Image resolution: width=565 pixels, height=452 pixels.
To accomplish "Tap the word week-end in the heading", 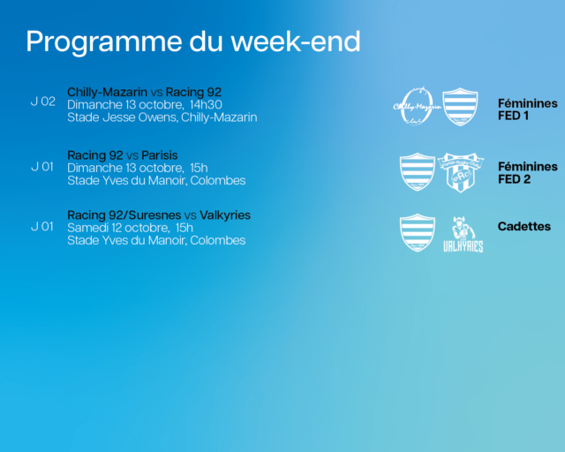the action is tap(296, 41).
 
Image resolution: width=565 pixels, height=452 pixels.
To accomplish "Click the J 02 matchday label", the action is tap(43, 102).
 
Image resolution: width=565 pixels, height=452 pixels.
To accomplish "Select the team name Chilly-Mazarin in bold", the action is tap(108, 93).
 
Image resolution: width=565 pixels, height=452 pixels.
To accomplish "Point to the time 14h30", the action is tap(206, 104).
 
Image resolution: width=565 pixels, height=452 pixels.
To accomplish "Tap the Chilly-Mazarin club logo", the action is tap(417, 106).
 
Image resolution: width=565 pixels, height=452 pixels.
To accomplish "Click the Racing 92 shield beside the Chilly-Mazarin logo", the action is tap(461, 107).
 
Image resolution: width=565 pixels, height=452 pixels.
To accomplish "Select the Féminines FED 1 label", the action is tap(528, 109).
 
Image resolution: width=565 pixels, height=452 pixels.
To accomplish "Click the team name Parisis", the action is tap(160, 155).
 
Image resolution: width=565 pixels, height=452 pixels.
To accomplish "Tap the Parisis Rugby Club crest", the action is tap(461, 172).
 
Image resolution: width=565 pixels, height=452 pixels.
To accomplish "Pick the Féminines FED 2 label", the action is tap(528, 173).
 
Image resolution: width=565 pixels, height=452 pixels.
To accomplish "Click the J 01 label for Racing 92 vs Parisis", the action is tap(42, 167).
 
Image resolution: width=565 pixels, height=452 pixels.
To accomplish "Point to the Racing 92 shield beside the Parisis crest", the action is tap(418, 171).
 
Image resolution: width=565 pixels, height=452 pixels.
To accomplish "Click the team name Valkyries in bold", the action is tap(225, 215).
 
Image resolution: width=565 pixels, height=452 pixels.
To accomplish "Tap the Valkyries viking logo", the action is tap(463, 234).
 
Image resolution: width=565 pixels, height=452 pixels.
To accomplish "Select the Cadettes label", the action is tap(524, 226).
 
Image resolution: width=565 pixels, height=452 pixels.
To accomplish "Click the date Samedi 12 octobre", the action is tap(118, 228).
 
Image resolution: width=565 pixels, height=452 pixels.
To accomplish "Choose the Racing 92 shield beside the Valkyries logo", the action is tap(418, 233).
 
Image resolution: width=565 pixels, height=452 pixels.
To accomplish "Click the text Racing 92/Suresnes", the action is tap(124, 215).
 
